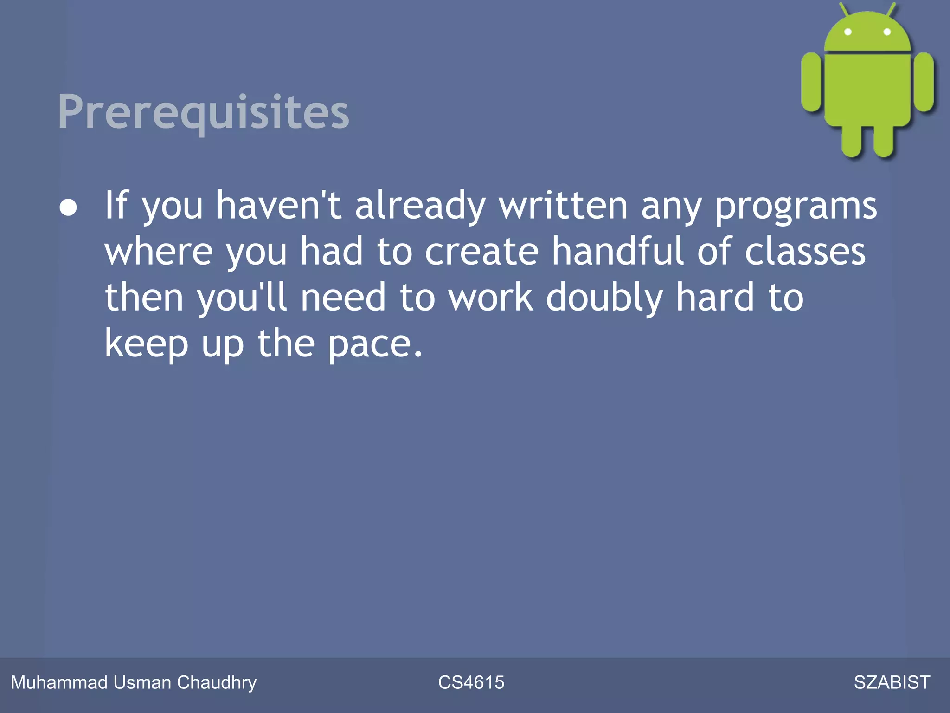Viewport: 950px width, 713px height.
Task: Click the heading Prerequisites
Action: tap(203, 112)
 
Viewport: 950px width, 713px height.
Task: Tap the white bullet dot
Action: tap(68, 207)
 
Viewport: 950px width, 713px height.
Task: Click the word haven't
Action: tap(279, 206)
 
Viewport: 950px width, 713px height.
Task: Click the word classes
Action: tap(805, 252)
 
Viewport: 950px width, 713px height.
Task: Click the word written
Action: tap(563, 206)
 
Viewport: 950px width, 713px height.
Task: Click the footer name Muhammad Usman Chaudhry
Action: tap(134, 682)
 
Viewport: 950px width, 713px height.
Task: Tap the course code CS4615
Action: tap(471, 682)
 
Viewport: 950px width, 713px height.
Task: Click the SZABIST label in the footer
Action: tap(892, 682)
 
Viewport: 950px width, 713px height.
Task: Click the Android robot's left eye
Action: tap(848, 32)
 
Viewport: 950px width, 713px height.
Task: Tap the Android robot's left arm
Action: tap(811, 82)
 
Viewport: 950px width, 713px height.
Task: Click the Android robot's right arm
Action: tap(924, 82)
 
